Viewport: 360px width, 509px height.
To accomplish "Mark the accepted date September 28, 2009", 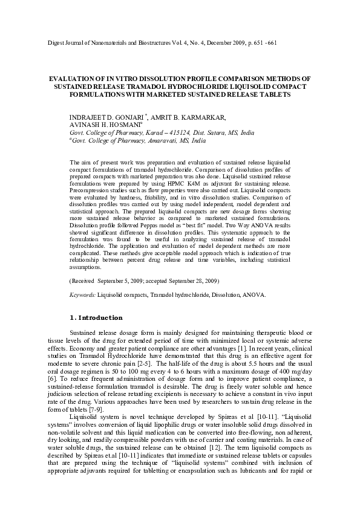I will (x=190, y=281).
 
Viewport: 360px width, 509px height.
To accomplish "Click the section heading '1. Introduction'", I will (x=97, y=317).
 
